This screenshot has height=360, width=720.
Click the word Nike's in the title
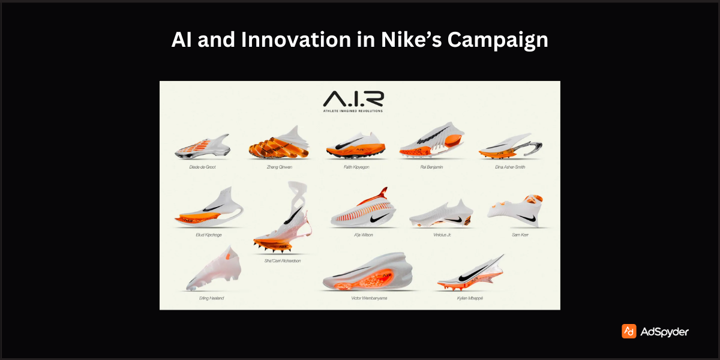(402, 40)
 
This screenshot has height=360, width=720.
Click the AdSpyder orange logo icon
(629, 331)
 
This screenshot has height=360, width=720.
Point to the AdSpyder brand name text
(664, 332)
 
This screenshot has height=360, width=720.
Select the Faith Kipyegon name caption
(356, 167)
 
